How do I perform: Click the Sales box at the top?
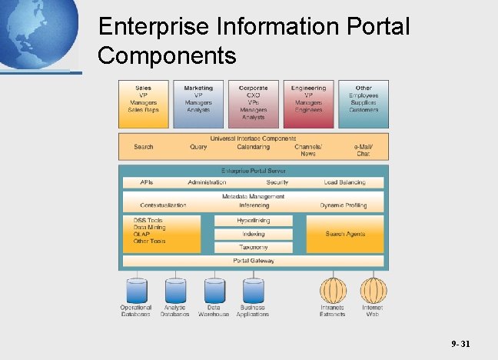[x=143, y=103]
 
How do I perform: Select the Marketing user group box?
[x=198, y=103]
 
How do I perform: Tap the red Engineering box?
[x=308, y=103]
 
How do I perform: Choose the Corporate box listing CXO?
[x=253, y=103]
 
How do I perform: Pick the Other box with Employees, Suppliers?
[x=364, y=103]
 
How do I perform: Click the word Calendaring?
[x=253, y=147]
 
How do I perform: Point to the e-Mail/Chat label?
[x=364, y=150]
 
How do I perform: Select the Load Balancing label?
[x=344, y=182]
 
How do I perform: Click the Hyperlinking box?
[x=253, y=220]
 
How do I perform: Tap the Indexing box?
[x=253, y=234]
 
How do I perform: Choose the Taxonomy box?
[x=253, y=247]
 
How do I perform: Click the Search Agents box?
[x=345, y=234]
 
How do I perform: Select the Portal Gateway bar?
[x=253, y=261]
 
